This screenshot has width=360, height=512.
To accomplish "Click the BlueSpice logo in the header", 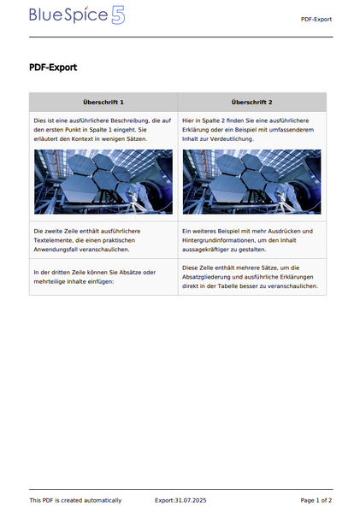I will click(77, 15).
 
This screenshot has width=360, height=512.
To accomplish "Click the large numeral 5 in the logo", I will click(118, 15).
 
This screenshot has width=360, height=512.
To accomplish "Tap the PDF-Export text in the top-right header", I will click(316, 19).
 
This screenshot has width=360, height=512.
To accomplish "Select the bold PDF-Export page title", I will click(53, 68).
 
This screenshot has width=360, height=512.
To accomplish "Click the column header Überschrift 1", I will click(103, 102).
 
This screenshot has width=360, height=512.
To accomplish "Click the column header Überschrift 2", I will click(252, 102).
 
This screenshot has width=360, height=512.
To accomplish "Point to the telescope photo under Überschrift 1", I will click(103, 181).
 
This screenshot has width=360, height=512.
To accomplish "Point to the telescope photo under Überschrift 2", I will click(252, 181).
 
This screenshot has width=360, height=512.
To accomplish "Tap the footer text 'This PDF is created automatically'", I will click(75, 500).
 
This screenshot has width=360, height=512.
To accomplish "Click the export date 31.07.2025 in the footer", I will click(190, 500).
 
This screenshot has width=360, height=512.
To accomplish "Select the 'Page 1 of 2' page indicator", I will click(316, 500).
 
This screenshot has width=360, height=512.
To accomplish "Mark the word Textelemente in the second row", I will click(54, 240).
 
